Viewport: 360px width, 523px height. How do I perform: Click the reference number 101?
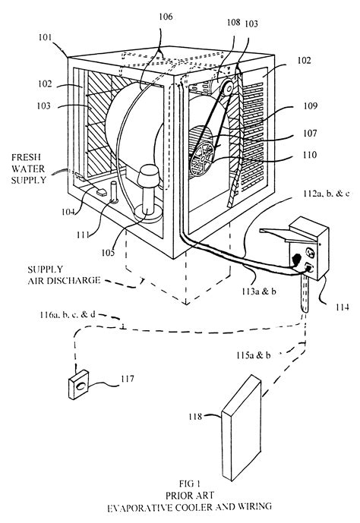[x=45, y=37]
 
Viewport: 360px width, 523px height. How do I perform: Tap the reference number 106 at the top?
[x=166, y=17]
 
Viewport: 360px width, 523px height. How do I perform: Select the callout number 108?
[x=233, y=22]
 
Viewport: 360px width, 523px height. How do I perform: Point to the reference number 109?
[x=310, y=106]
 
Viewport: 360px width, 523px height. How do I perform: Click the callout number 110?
[x=310, y=155]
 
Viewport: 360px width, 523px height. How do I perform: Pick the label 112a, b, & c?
[x=327, y=194]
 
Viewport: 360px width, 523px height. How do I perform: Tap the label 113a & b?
[x=259, y=291]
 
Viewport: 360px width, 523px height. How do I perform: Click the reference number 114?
[x=343, y=307]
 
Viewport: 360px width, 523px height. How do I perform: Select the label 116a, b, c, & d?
[x=68, y=314]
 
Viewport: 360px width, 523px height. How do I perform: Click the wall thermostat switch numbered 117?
[x=79, y=384]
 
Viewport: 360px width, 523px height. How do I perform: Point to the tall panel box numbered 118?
[x=242, y=428]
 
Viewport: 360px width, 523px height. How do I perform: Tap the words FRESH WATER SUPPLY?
[x=28, y=169]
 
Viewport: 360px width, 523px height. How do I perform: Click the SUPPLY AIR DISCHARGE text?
[x=64, y=275]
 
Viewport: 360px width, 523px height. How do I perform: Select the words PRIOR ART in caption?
[x=190, y=495]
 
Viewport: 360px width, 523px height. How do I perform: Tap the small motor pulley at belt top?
[x=229, y=88]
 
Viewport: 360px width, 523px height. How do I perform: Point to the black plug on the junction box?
[x=296, y=259]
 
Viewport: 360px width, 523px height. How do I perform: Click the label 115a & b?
[x=253, y=355]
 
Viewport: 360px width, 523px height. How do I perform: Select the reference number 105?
[x=108, y=253]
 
